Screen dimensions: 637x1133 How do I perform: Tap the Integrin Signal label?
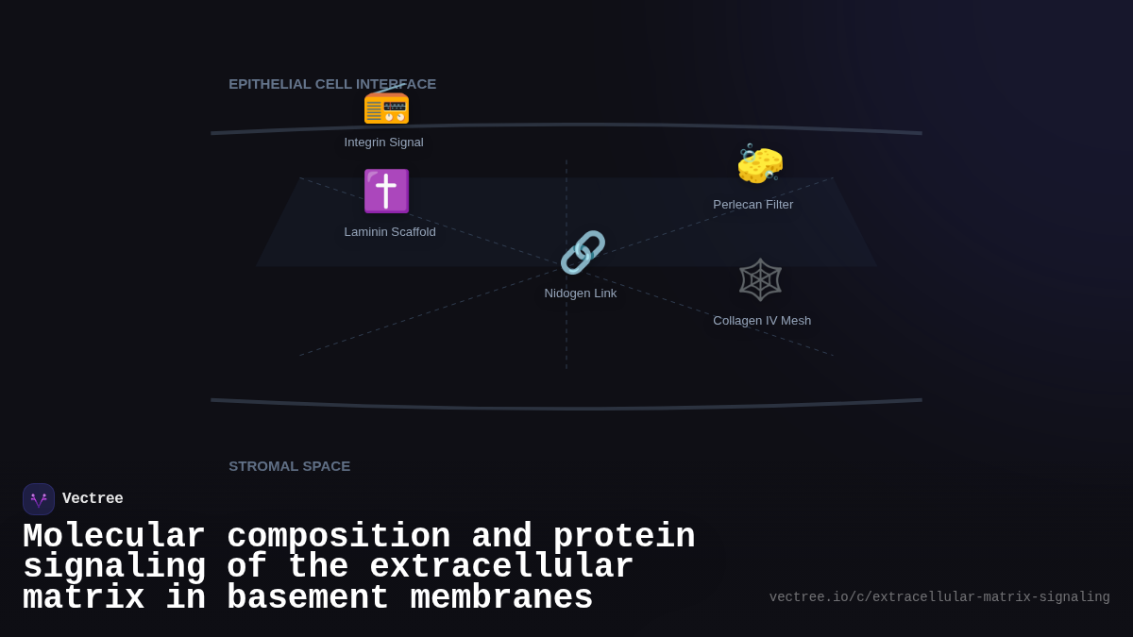tap(383, 142)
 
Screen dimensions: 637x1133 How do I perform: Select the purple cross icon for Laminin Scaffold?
tap(386, 191)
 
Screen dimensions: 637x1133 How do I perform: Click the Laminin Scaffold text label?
tap(390, 232)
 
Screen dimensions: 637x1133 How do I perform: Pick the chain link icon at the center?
tap(582, 253)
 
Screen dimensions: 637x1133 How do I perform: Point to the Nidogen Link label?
tap(581, 293)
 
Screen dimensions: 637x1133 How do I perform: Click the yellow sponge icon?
tap(760, 164)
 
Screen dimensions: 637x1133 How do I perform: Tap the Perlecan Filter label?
tap(753, 205)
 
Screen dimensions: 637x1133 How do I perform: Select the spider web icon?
tap(760, 279)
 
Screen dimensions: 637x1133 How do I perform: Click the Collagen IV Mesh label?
tap(762, 321)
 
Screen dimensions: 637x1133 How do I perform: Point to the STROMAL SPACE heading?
tap(289, 466)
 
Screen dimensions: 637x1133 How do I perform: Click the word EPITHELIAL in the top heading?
tap(270, 84)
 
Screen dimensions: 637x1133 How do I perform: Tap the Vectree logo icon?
tap(39, 499)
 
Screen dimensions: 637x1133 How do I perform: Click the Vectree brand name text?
tap(93, 499)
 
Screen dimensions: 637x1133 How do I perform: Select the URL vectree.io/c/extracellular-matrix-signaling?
tap(939, 597)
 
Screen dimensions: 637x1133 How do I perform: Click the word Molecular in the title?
tap(114, 537)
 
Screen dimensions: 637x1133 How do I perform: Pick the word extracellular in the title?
tap(501, 567)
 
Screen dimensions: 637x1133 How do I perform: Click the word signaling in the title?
tap(114, 567)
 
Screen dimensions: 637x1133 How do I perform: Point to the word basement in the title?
tap(308, 598)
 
